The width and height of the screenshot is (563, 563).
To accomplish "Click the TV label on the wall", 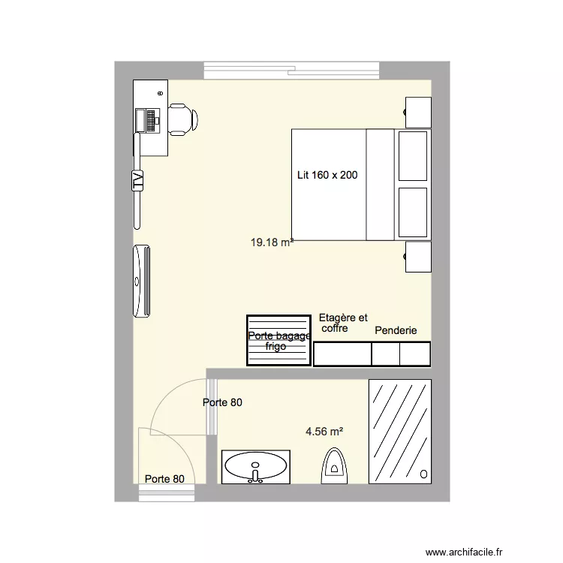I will click(138, 181).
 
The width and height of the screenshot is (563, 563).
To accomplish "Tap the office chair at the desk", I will click(182, 119).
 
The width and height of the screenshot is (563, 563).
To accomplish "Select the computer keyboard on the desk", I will click(154, 119).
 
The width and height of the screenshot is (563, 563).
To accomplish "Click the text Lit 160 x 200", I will click(327, 175).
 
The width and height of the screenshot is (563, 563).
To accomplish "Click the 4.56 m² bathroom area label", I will click(324, 432).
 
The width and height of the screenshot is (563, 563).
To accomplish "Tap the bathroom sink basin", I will click(255, 466).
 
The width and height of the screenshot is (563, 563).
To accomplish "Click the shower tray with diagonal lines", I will click(400, 431).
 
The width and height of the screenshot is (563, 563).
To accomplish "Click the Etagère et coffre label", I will click(343, 323).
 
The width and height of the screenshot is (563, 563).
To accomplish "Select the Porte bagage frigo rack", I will click(278, 340).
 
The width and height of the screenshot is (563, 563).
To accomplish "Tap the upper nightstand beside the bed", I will click(419, 113).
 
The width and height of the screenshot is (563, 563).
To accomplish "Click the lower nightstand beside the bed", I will click(419, 257).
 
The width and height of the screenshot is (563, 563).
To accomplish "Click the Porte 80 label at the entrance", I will click(164, 479).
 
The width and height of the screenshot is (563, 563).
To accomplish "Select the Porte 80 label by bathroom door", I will click(223, 403).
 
